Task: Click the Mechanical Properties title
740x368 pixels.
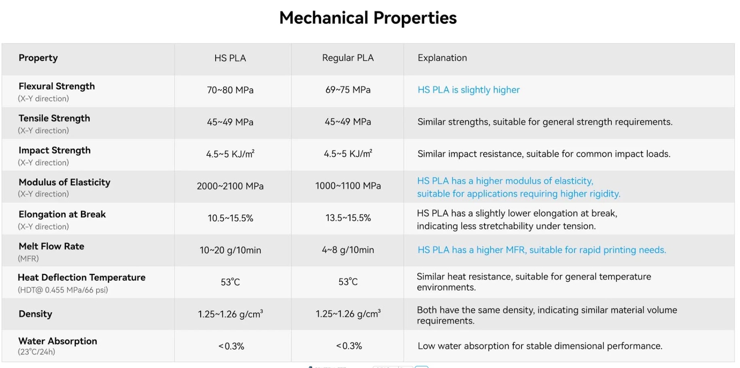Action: point(368,18)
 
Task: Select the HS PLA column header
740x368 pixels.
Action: point(230,58)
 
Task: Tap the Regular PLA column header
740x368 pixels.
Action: point(348,58)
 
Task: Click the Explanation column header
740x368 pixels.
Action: point(442,58)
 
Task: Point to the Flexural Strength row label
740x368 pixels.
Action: point(57,86)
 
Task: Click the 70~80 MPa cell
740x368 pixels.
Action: point(230,90)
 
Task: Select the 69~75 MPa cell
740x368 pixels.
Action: point(348,90)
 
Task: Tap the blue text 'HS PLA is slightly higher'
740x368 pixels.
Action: point(469,90)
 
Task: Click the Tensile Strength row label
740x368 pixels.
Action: point(54,118)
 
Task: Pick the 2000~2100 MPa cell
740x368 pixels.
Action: point(230,186)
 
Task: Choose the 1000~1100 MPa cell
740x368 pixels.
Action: point(348,186)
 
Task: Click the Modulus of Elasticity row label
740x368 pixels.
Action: point(64,182)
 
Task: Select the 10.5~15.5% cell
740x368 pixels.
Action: point(230,218)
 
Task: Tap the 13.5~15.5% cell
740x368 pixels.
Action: point(348,218)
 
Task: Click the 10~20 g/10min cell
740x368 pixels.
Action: point(230,250)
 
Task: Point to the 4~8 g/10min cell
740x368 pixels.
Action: point(348,250)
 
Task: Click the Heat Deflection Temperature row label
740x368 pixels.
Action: point(81,278)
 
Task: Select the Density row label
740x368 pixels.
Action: point(35,314)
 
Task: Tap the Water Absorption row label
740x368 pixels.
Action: point(57,341)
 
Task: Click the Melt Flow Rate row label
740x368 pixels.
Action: point(51,246)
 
